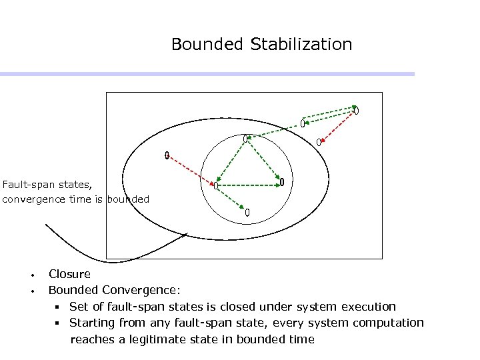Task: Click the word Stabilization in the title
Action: (x=301, y=45)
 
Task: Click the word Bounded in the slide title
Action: (x=208, y=45)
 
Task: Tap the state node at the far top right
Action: (x=357, y=111)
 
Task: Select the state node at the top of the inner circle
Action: (x=245, y=139)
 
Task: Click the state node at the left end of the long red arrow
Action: (x=167, y=156)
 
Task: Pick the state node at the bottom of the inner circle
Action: (x=247, y=213)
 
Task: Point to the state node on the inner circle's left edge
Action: (x=216, y=185)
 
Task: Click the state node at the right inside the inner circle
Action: (x=282, y=182)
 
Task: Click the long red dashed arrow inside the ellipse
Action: (x=192, y=169)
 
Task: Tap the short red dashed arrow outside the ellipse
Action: (x=336, y=127)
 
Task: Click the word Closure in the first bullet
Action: (x=69, y=274)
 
